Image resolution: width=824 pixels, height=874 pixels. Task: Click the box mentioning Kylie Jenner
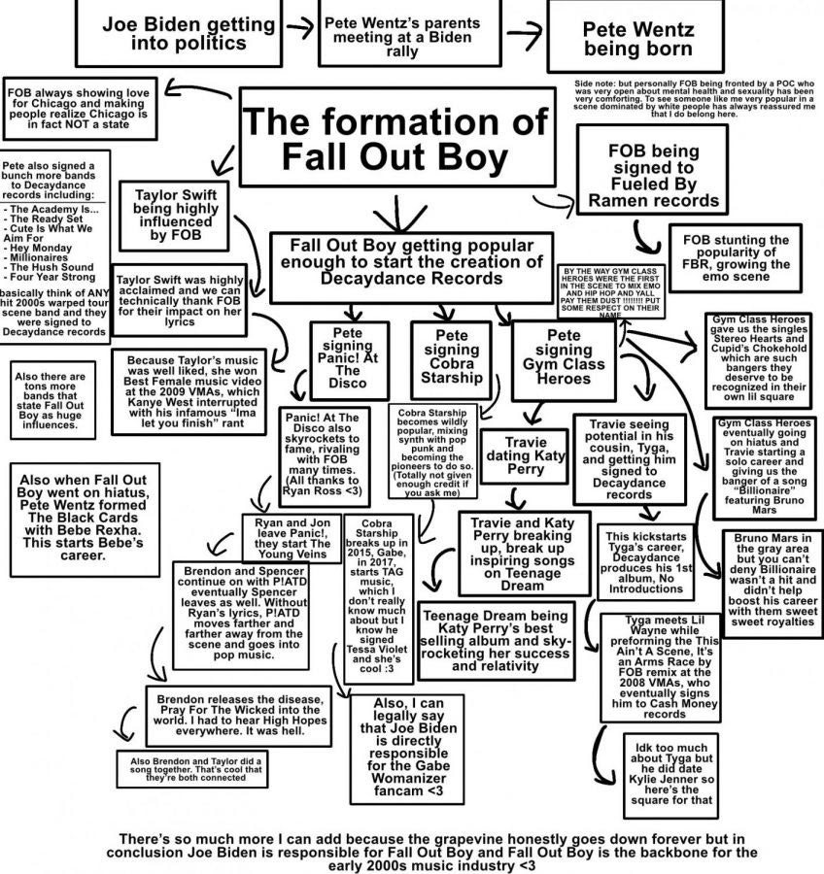point(669,775)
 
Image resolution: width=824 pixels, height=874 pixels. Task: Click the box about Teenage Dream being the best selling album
point(496,639)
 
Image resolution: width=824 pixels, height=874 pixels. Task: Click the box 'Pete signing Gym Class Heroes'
point(564,355)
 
